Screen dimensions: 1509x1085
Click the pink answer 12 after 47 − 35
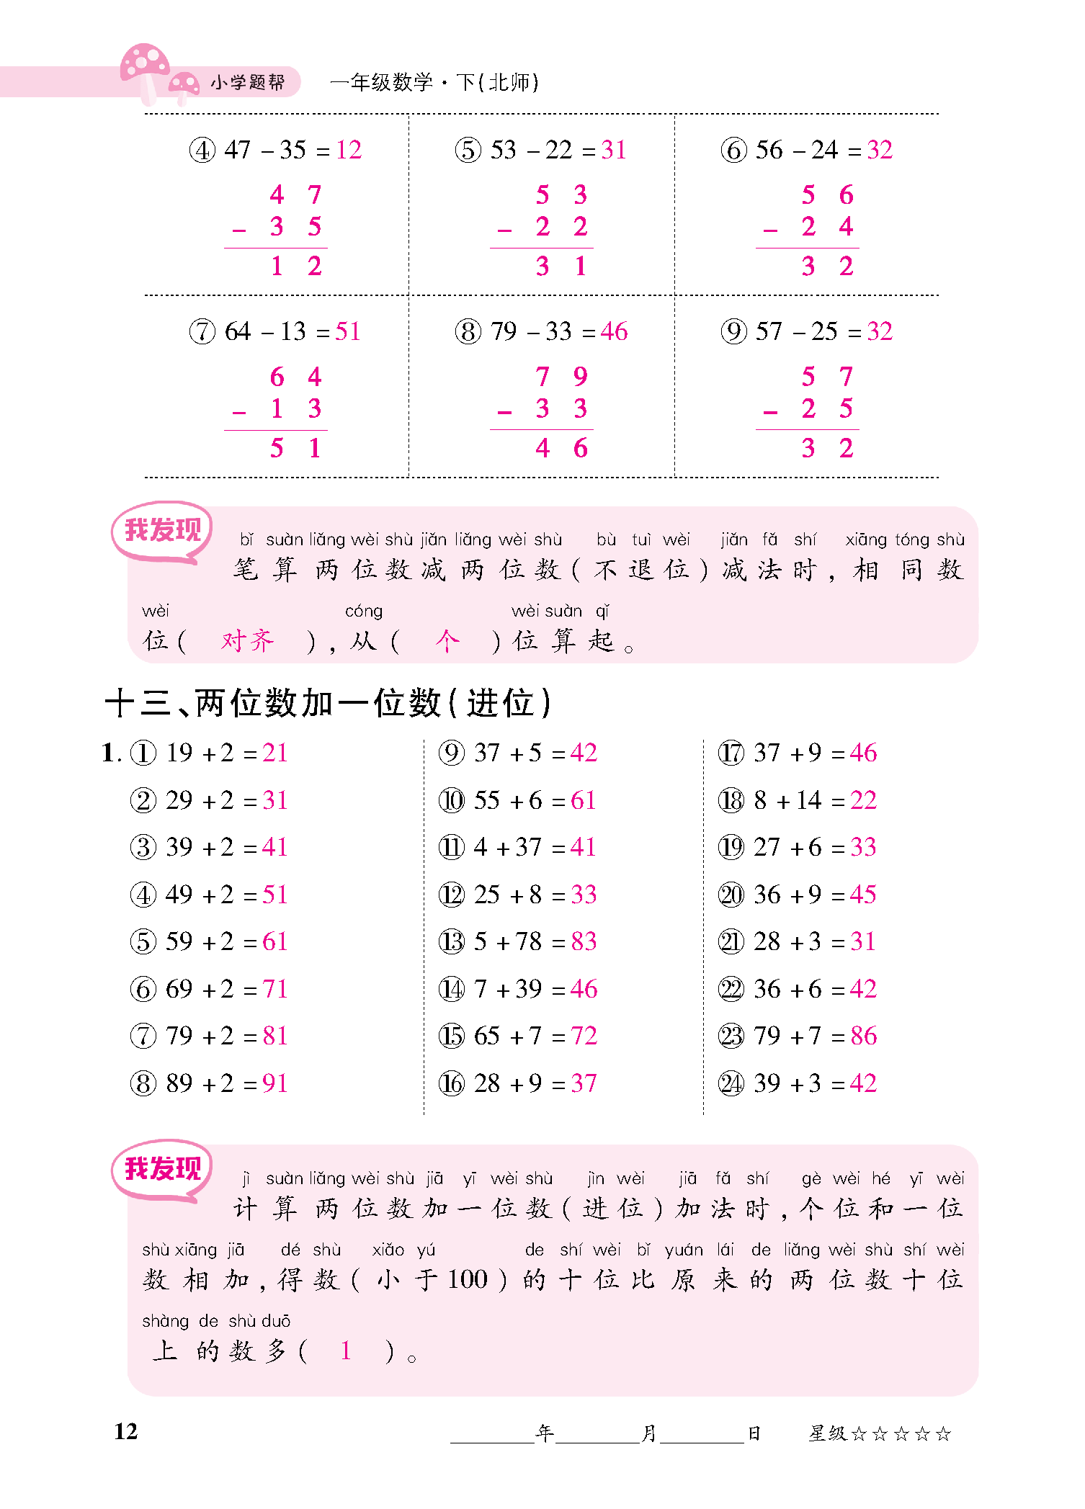pos(349,150)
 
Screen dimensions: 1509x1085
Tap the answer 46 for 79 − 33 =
pos(614,331)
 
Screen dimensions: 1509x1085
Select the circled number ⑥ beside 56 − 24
pos(733,151)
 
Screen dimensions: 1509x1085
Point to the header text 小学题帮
pos(248,83)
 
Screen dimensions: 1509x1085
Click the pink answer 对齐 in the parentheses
pos(247,640)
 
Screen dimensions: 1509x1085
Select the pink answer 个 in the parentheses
pos(447,640)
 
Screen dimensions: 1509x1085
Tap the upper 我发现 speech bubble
pos(162,531)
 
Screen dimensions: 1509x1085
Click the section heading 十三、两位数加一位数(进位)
pos(328,703)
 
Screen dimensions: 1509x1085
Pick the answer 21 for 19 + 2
pos(275,753)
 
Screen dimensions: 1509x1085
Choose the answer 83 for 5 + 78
pos(584,941)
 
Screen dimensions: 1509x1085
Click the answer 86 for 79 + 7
pos(863,1036)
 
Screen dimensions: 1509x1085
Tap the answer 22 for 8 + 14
pos(863,800)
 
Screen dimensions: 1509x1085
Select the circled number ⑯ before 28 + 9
pos(452,1083)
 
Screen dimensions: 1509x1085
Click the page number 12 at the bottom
pos(126,1431)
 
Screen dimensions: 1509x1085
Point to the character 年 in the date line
pos(545,1433)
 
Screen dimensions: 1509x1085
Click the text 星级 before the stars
pos(827,1433)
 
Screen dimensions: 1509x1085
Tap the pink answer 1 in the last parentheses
pos(346,1351)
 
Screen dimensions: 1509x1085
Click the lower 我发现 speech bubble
pos(162,1169)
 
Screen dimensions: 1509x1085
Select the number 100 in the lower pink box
pos(468,1279)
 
